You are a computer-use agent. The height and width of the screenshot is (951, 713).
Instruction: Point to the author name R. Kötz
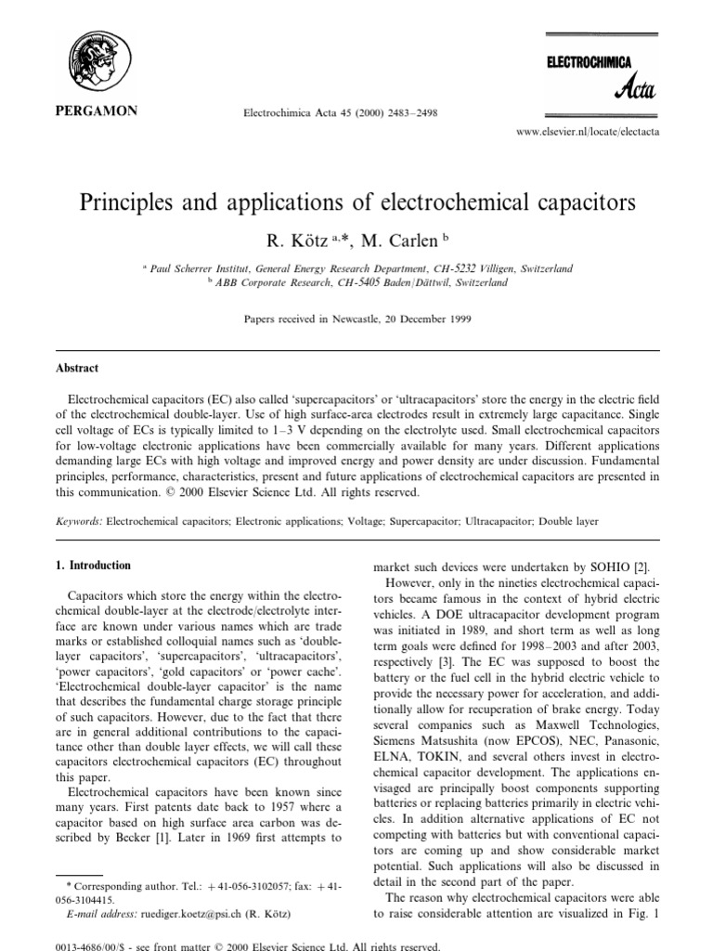[297, 242]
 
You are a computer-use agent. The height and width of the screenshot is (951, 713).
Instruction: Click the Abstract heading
[77, 367]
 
